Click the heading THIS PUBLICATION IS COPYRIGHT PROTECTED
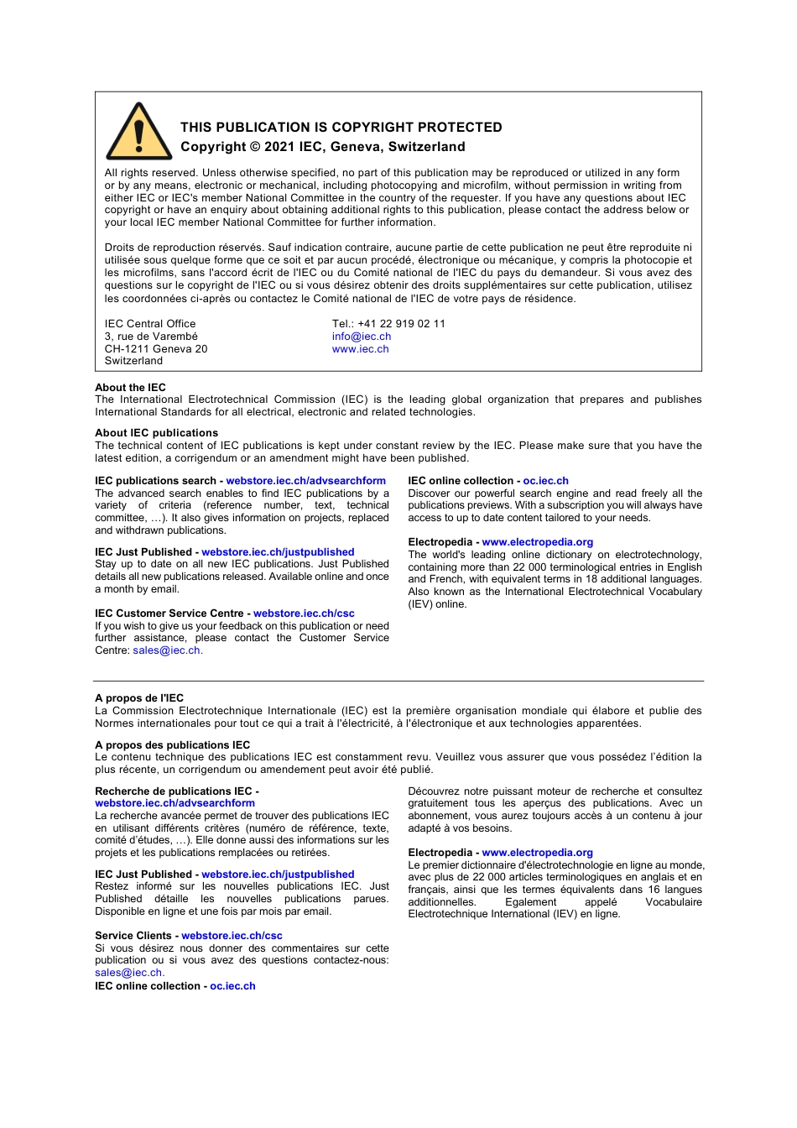pos(341,128)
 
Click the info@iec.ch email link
pos(362,337)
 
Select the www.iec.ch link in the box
pos(360,349)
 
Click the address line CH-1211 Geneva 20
pos(156,349)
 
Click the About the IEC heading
pos(130,388)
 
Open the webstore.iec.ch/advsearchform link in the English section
pos(305,481)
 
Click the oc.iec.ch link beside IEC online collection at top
pos(545,481)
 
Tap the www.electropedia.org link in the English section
pos(537,542)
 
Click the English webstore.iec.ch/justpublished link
pos(278,552)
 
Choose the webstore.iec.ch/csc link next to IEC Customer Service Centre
pos(304,614)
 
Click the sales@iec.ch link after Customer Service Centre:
pos(166,650)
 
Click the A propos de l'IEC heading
pos(139,698)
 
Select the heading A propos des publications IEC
pos(172,745)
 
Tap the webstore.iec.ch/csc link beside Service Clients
pos(232,936)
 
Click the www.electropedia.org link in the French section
pos(537,853)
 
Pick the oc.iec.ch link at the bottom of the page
pos(232,986)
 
